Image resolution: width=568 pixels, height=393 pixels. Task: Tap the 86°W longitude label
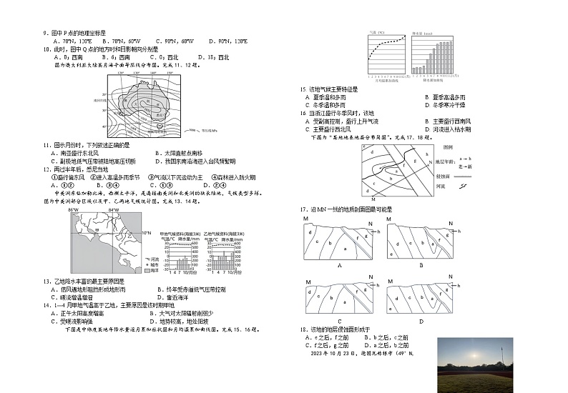73,211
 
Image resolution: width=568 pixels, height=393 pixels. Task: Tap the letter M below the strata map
372,194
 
